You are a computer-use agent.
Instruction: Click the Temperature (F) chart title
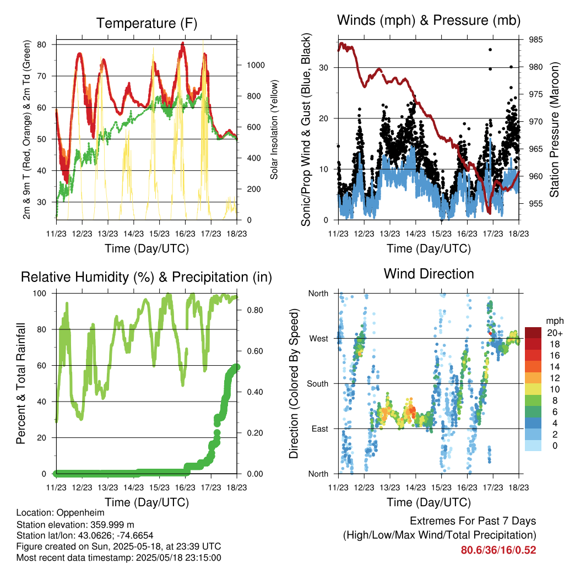(x=147, y=23)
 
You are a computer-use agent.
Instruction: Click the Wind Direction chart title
(x=429, y=274)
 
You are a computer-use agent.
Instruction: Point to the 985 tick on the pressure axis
(x=535, y=40)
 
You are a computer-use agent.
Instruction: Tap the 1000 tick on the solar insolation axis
(x=256, y=65)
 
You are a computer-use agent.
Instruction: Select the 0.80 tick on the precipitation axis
(x=255, y=310)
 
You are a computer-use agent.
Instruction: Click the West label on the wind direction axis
(x=319, y=339)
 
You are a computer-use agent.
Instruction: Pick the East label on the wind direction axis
(x=320, y=429)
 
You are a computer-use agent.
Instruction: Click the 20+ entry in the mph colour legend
(x=554, y=333)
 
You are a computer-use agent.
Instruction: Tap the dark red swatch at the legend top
(x=533, y=333)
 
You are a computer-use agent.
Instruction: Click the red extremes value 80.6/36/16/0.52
(x=498, y=550)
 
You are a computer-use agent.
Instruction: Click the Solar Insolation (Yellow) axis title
(x=274, y=129)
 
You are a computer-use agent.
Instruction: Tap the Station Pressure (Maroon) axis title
(x=554, y=129)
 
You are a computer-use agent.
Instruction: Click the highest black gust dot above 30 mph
(x=490, y=50)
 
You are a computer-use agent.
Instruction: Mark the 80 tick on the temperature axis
(x=42, y=45)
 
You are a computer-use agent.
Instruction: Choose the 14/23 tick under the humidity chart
(x=133, y=487)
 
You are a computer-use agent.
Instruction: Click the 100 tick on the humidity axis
(x=40, y=294)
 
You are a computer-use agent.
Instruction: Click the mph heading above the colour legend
(x=554, y=321)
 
